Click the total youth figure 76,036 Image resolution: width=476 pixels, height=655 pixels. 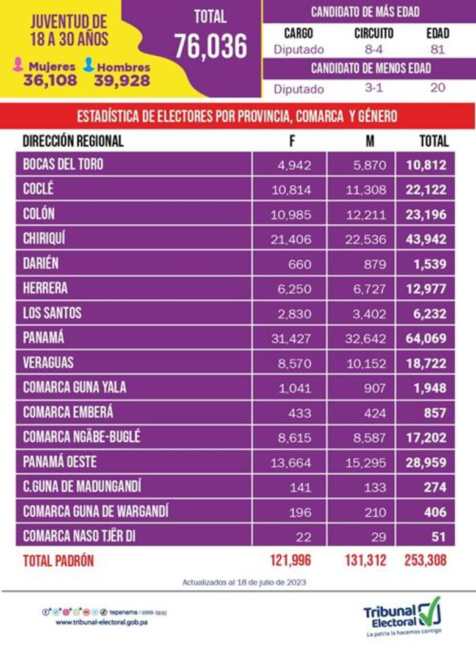[x=211, y=46]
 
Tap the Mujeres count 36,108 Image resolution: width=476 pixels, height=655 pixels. [x=50, y=80]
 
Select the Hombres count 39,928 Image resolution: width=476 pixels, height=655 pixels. [x=122, y=80]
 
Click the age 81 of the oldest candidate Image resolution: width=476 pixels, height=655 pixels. [x=437, y=50]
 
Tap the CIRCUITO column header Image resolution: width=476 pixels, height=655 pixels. [x=373, y=33]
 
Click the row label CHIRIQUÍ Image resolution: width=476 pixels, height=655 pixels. [x=44, y=239]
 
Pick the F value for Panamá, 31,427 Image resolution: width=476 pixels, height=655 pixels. [x=290, y=338]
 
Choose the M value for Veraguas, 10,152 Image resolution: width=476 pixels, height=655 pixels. [x=365, y=364]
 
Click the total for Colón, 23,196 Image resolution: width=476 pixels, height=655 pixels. [x=426, y=214]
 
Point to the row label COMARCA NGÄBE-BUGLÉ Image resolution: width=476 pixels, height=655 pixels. [x=82, y=437]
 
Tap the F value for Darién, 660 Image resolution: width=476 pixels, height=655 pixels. [x=299, y=265]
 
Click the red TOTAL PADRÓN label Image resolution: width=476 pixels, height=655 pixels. [x=59, y=560]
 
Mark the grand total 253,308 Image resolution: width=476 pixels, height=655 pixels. [x=425, y=560]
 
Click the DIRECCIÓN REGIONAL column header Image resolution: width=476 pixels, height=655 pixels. [x=73, y=141]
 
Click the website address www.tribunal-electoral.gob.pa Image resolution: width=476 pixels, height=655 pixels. [x=102, y=622]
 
